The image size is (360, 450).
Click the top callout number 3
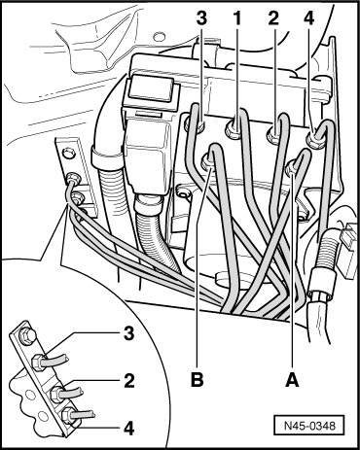(201, 18)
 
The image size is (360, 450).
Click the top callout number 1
(237, 18)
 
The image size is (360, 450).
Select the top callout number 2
(273, 18)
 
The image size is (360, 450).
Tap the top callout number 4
(309, 18)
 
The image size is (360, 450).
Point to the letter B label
(197, 380)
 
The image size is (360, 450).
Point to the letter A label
(292, 380)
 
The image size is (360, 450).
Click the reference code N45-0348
(309, 425)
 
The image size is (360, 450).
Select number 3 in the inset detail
(129, 333)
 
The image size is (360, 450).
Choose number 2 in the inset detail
(129, 381)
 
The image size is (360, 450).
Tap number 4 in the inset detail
(129, 429)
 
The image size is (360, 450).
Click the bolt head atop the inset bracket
(27, 336)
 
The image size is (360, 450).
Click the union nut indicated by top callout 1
(234, 129)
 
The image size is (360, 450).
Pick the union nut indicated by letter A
(292, 168)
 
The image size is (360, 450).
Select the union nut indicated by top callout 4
(314, 140)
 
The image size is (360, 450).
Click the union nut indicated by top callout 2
(274, 134)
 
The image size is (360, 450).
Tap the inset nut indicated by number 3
(39, 363)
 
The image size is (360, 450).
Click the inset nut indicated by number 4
(67, 415)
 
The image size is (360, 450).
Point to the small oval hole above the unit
(159, 37)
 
